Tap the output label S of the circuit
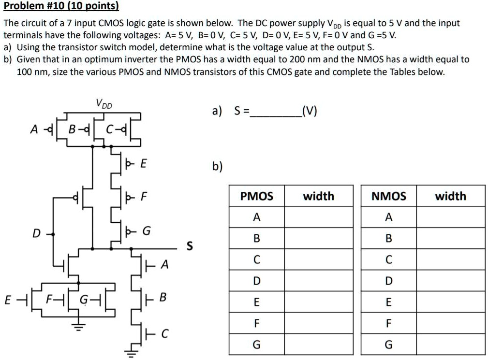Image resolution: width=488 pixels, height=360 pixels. [x=190, y=246]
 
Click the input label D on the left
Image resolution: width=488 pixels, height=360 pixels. [x=35, y=234]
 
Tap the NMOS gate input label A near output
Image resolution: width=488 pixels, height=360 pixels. [x=165, y=264]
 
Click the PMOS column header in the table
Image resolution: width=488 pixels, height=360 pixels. [x=256, y=196]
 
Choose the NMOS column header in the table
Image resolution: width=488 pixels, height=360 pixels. [x=388, y=196]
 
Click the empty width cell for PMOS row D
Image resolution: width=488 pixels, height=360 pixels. [x=319, y=281]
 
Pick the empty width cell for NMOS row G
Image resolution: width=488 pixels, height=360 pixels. [x=450, y=345]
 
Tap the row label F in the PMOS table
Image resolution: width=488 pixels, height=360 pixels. [x=256, y=323]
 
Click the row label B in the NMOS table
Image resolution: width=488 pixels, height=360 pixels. [x=388, y=239]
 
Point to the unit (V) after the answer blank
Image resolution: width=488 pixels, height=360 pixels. [x=309, y=112]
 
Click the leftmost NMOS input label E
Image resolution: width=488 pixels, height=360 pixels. [x=7, y=300]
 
